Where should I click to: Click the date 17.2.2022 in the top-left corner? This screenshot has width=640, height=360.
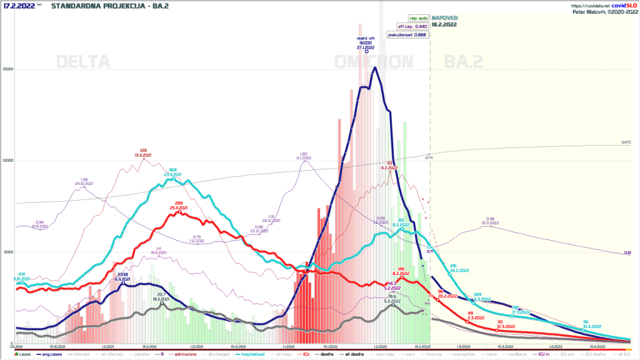point(18,6)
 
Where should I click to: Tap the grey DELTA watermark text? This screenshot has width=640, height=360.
point(83,62)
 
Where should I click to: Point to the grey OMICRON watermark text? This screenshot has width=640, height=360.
point(374,62)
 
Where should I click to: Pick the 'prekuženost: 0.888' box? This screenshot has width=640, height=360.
point(412,35)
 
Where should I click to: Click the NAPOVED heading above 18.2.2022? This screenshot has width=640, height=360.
point(444,18)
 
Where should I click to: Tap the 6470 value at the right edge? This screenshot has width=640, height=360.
point(626,142)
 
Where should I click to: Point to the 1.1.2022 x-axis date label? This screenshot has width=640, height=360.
point(288,346)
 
